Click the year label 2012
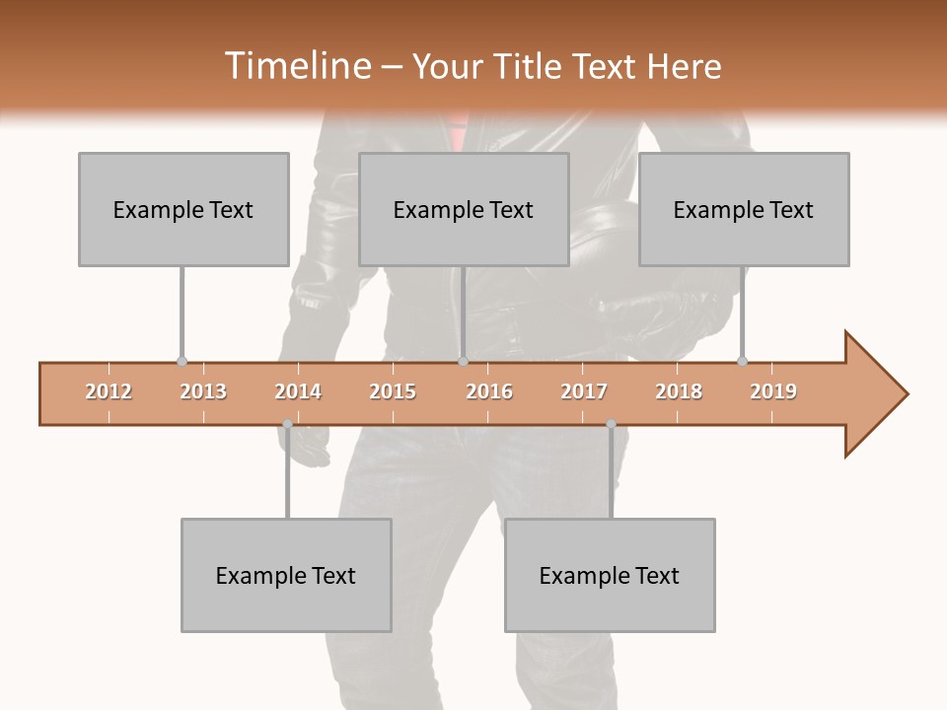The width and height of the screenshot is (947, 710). pos(109,391)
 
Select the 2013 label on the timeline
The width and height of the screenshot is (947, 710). pos(203,391)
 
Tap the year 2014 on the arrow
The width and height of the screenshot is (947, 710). pos(298,391)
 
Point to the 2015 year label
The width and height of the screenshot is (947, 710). pos(393,391)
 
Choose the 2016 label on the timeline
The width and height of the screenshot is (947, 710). pos(489,391)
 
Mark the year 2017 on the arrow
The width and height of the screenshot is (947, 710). pos(584,391)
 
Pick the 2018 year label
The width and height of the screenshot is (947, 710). pos(679,391)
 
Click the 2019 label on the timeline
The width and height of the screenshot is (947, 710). pos(773,391)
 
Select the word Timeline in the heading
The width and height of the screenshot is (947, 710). pos(295,66)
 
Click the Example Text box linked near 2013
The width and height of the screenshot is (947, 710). pos(183,209)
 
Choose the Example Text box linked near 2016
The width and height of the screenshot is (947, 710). pos(464,209)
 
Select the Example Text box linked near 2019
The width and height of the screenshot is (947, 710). pos(744,209)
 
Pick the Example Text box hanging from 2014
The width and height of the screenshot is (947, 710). pos(286,575)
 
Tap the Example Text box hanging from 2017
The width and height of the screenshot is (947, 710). pos(610,575)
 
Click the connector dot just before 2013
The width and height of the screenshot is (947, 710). pos(182,361)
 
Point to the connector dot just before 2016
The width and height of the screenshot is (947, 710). pos(463,361)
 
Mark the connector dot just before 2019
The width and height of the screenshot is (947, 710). pos(742,361)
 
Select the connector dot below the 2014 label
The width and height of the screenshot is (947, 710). pos(287,424)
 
